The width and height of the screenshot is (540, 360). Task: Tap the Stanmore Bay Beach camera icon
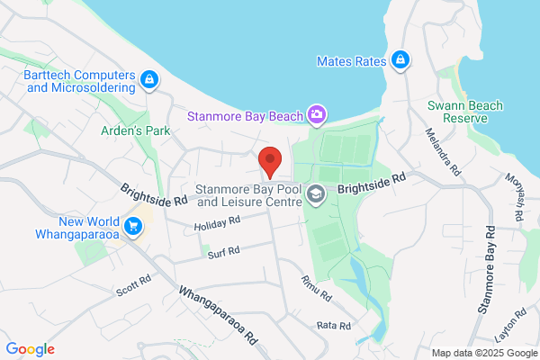pos(316,114)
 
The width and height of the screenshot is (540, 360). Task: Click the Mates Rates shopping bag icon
pos(401,61)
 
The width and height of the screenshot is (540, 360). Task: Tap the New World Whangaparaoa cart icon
pos(134,225)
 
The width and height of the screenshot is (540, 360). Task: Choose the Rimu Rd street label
pos(316,289)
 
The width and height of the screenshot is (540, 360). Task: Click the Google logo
pos(30,348)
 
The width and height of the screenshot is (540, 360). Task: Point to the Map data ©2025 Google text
pos(482,352)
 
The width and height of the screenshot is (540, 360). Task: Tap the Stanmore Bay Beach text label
pos(244,115)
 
